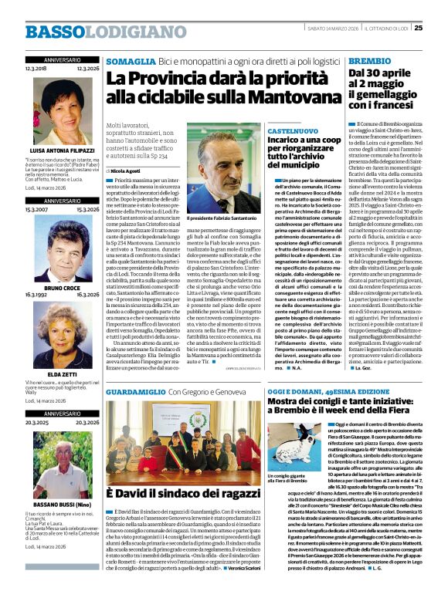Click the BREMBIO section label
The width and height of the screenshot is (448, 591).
pos(370,60)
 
